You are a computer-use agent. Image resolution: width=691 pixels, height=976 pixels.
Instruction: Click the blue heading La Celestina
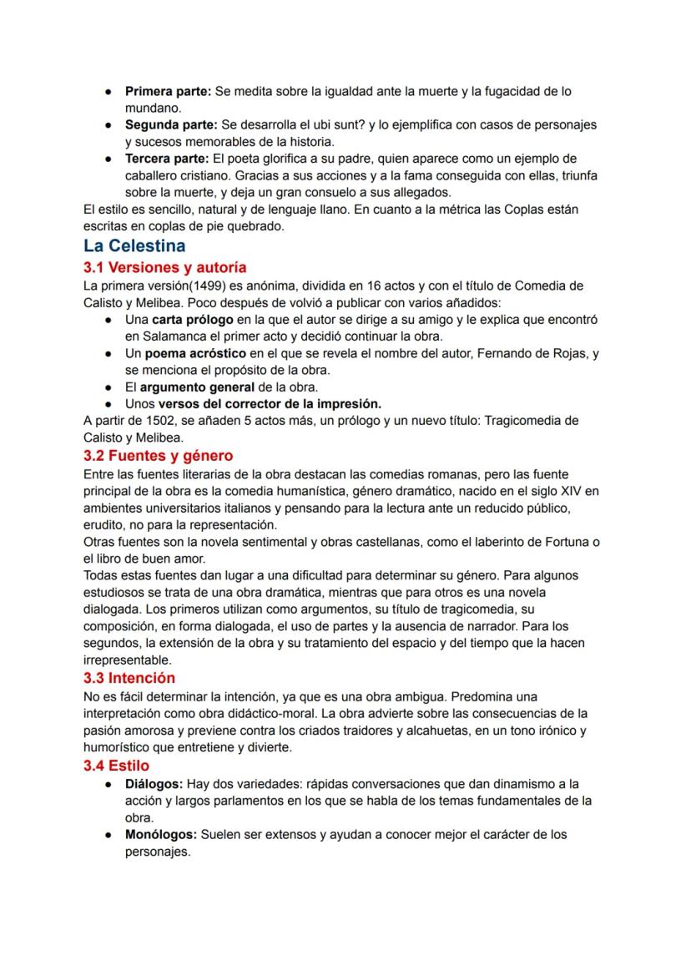point(134,246)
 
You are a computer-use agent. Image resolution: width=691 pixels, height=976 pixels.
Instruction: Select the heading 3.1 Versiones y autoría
point(164,267)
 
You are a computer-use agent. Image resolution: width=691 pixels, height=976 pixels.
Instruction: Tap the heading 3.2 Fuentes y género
point(158,456)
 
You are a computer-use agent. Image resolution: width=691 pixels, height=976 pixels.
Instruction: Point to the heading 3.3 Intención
point(129,678)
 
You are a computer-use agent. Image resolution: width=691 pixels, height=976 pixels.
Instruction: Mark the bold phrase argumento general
point(197,387)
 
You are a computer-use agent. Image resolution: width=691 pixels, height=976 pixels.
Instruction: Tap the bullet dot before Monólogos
point(109,835)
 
